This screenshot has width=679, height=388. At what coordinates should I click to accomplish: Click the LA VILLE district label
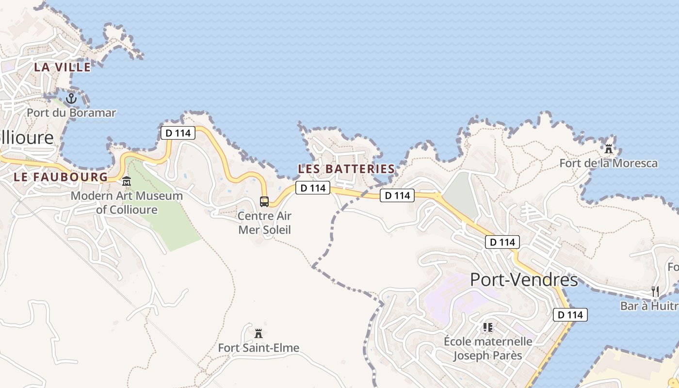point(62,67)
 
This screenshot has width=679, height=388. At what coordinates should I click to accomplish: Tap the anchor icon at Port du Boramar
point(71,98)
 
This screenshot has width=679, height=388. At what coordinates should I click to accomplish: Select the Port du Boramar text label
point(71,113)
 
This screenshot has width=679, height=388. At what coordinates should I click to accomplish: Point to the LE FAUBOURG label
point(61,177)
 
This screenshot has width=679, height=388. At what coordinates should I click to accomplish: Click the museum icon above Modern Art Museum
point(127,181)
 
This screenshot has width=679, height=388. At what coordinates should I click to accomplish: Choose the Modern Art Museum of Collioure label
point(127,203)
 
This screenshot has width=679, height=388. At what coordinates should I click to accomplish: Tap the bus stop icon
point(264,201)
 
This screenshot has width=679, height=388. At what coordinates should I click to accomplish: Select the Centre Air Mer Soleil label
point(264,223)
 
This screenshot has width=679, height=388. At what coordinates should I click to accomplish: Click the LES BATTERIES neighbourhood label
point(346,169)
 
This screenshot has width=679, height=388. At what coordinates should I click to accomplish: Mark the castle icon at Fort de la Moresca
point(609,148)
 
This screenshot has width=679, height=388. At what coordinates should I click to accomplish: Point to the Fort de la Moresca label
point(609,163)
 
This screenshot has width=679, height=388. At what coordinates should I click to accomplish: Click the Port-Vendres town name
point(524,280)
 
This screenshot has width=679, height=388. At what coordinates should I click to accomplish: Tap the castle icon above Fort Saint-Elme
point(259,334)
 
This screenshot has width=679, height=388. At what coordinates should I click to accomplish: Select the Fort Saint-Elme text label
point(259,348)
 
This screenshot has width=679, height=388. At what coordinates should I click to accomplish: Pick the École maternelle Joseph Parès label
point(488,348)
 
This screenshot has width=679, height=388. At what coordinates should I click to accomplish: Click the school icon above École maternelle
point(488,327)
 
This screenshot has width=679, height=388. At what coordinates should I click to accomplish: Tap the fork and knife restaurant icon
point(655,291)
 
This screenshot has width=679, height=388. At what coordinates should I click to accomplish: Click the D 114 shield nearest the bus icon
point(312,188)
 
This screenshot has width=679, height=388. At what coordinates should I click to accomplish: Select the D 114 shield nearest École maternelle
point(570,315)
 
